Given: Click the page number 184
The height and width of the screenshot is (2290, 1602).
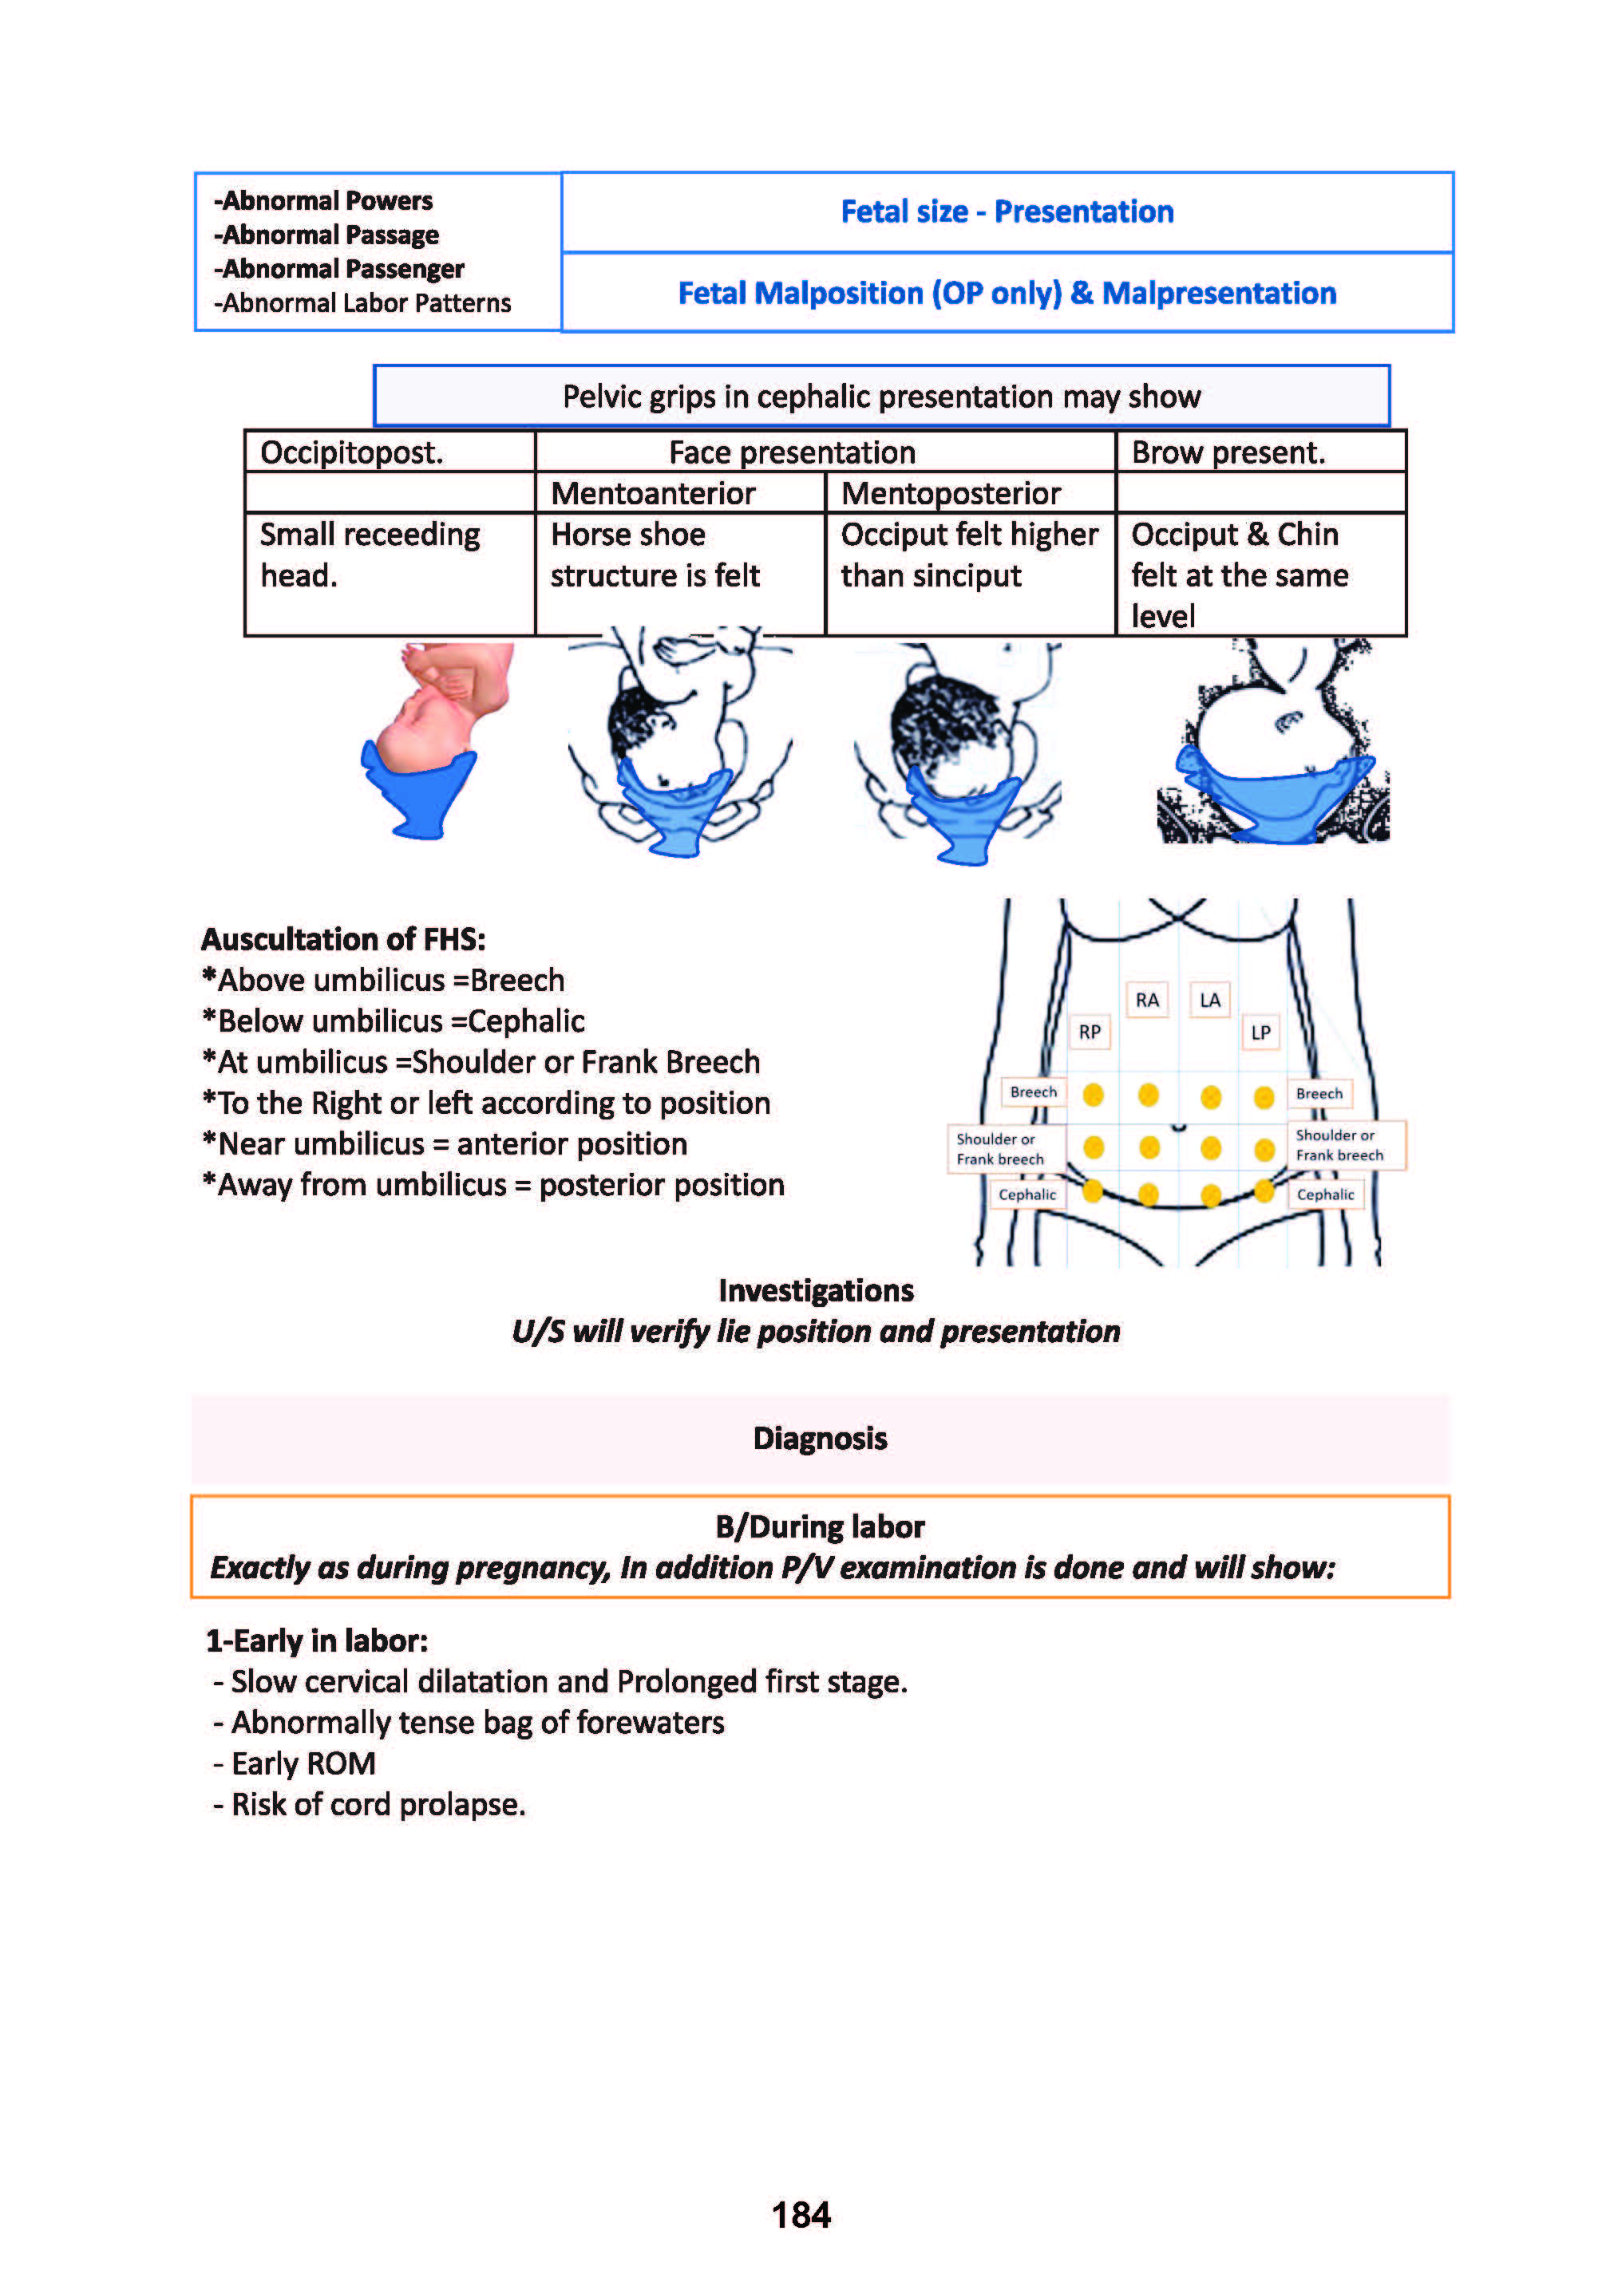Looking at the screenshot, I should pyautogui.click(x=800, y=2214).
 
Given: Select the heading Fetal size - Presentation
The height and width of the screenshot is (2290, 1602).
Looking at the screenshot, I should pyautogui.click(x=1007, y=211).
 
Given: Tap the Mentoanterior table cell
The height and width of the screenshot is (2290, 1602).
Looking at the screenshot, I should pyautogui.click(x=654, y=493).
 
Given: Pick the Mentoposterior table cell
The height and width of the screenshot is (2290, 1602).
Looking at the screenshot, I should pyautogui.click(x=951, y=493).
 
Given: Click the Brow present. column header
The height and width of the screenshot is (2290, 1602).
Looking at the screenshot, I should pyautogui.click(x=1228, y=453).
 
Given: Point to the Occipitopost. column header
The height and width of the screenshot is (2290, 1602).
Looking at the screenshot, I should pyautogui.click(x=351, y=453).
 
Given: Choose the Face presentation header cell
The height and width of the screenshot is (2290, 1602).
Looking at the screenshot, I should pyautogui.click(x=792, y=453).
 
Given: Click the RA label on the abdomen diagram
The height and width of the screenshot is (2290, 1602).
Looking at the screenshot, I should pyautogui.click(x=1147, y=999).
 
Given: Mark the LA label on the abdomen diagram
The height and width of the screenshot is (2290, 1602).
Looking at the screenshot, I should pyautogui.click(x=1210, y=999).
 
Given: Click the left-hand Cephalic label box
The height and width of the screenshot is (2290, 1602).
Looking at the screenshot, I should pyautogui.click(x=1026, y=1194).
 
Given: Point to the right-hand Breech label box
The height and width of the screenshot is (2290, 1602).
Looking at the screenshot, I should pyautogui.click(x=1319, y=1093).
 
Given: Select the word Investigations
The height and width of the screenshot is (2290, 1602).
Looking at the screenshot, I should pyautogui.click(x=815, y=1291).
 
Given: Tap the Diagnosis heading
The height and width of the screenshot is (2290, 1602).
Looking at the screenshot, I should pyautogui.click(x=819, y=1438).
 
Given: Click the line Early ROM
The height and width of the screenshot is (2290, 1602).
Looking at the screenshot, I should pyautogui.click(x=303, y=1763).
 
